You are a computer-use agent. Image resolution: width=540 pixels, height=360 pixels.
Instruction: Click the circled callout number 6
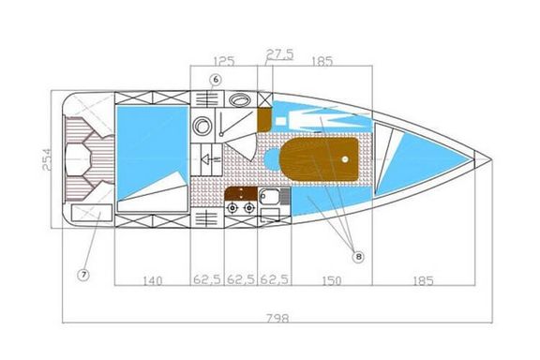(x=216, y=80)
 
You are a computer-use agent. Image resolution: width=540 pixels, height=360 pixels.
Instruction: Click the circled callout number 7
(x=83, y=275)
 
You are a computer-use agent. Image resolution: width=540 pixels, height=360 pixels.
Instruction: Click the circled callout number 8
(x=358, y=256)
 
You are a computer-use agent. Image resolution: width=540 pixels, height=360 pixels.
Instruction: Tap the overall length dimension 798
(x=277, y=319)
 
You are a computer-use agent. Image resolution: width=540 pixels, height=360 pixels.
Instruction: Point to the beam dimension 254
(x=47, y=159)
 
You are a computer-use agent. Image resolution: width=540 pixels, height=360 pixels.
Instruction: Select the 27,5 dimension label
(x=279, y=54)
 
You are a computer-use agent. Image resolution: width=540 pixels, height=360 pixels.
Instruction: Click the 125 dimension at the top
(x=224, y=61)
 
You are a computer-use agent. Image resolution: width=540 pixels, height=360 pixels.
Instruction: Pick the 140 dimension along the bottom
(x=152, y=280)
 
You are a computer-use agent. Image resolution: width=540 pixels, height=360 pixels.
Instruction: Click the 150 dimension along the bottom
(x=331, y=280)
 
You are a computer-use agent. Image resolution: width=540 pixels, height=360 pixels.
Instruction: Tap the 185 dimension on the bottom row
(x=423, y=280)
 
